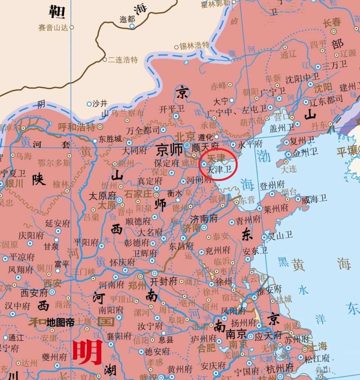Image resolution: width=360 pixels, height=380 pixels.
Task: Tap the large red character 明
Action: point(87,352)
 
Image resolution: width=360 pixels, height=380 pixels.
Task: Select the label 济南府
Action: point(204,219)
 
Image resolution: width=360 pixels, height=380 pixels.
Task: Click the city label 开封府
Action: point(163,281)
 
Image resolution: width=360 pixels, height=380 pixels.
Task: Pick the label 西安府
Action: point(34,293)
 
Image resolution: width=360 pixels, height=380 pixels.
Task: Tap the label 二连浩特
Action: point(123,60)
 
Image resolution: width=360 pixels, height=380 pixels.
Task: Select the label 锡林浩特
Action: point(194,45)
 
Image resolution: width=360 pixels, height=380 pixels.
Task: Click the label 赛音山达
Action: point(54,27)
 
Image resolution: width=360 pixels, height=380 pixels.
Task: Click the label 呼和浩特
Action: point(77,127)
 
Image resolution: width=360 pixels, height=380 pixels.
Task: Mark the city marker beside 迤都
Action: point(132,26)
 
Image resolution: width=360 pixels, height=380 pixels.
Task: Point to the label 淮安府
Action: point(269,290)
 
